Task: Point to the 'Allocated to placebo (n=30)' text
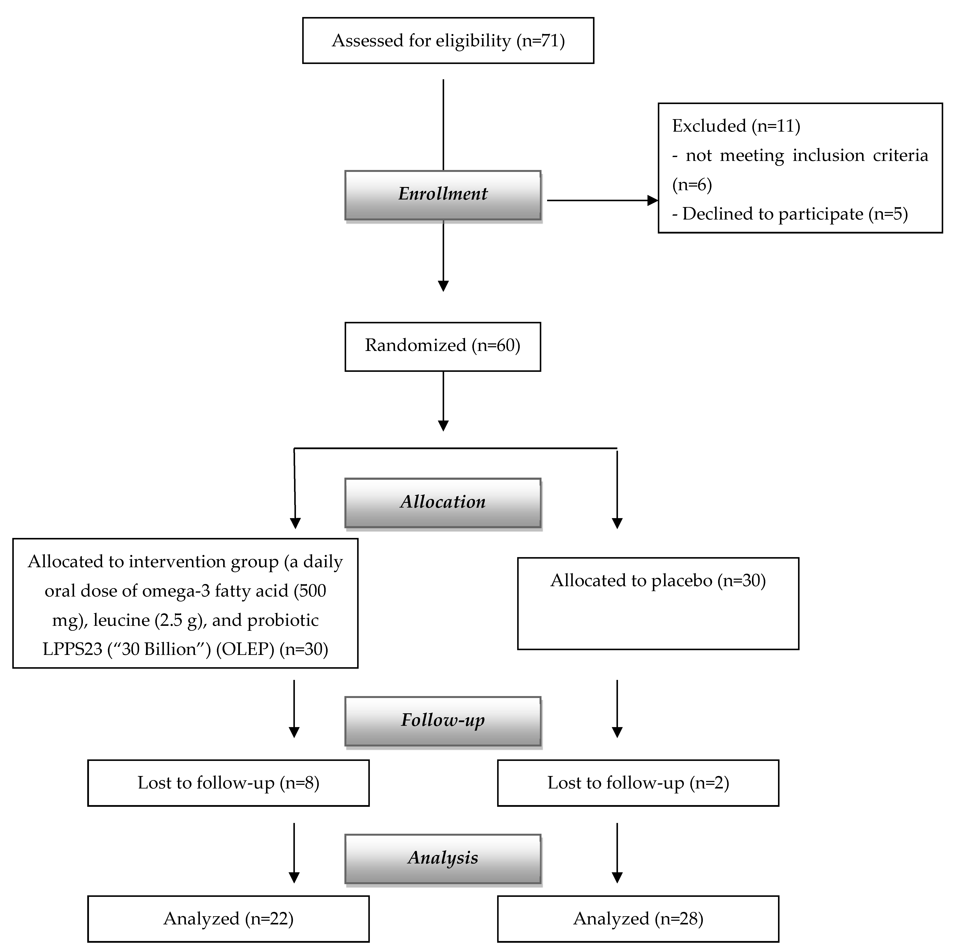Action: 658,581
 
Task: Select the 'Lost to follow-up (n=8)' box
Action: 228,783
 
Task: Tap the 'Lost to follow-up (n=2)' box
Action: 638,783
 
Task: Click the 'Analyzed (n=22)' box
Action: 228,919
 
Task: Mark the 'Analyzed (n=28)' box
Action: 638,919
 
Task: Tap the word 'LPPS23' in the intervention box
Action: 72,649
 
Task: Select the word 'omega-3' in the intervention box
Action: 176,591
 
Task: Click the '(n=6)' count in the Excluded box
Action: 692,185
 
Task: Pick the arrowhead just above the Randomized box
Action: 443,286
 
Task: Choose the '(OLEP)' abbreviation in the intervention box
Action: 245,649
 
